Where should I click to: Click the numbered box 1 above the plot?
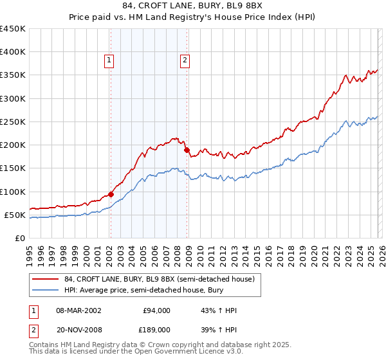[109, 61]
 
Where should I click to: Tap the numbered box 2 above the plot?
[185, 61]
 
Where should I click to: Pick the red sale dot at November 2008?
[187, 150]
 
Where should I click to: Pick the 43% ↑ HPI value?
[219, 310]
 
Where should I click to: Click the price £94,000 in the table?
[156, 310]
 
